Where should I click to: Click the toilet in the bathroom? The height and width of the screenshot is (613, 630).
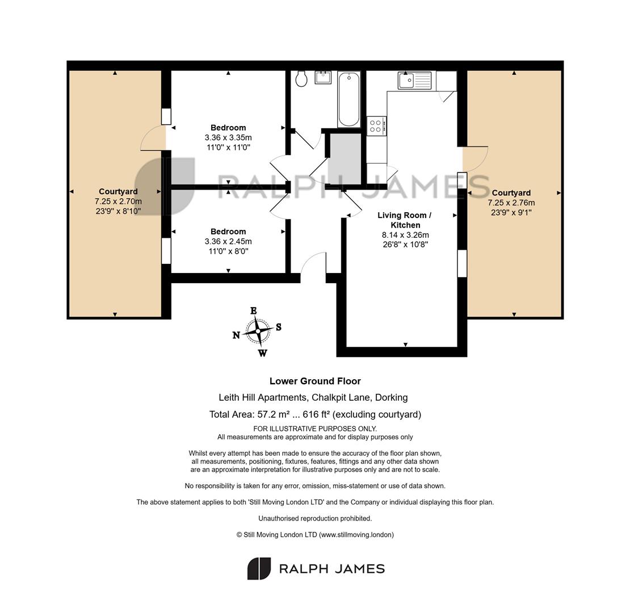pyautogui.click(x=301, y=79)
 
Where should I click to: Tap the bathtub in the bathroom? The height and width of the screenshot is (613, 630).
pyautogui.click(x=348, y=99)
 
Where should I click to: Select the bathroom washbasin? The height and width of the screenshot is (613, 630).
pyautogui.click(x=323, y=77)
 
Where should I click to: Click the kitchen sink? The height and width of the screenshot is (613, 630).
pyautogui.click(x=415, y=81)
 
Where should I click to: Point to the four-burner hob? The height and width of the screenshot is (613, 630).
pyautogui.click(x=376, y=126)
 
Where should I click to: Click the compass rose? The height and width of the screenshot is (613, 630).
pyautogui.click(x=258, y=331)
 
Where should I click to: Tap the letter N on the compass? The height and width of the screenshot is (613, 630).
pyautogui.click(x=236, y=335)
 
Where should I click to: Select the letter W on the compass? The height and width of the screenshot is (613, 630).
pyautogui.click(x=262, y=353)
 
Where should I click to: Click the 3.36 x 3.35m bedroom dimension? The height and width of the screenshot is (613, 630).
pyautogui.click(x=228, y=137)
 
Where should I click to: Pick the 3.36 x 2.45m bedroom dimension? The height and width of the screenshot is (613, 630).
pyautogui.click(x=228, y=241)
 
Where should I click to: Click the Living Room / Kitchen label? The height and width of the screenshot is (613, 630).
pyautogui.click(x=405, y=220)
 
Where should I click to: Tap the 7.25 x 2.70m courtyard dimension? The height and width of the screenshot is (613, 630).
pyautogui.click(x=118, y=201)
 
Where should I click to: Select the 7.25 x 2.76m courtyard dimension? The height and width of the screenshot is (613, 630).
pyautogui.click(x=511, y=203)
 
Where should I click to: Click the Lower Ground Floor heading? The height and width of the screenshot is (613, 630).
pyautogui.click(x=315, y=381)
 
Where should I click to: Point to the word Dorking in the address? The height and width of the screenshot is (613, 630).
pyautogui.click(x=392, y=397)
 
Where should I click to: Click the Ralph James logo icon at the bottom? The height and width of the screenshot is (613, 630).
pyautogui.click(x=259, y=568)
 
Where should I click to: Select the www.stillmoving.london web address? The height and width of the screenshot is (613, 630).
pyautogui.click(x=356, y=535)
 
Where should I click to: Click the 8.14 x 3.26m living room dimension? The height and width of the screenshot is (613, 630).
pyautogui.click(x=405, y=235)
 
